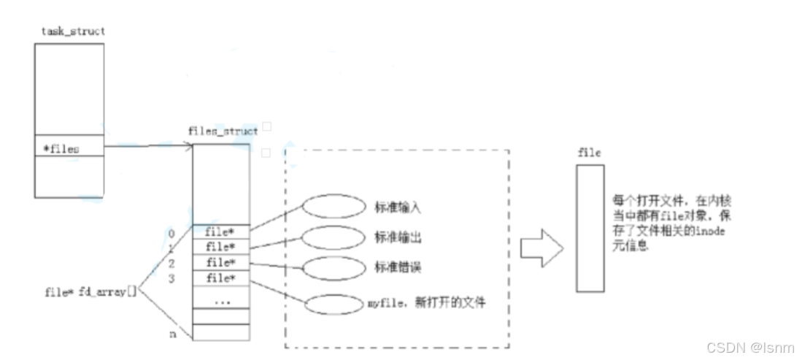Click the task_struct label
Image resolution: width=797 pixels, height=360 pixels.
(x=74, y=31)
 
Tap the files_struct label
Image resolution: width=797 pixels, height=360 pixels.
(x=223, y=131)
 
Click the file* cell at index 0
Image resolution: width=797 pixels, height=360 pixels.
(x=220, y=233)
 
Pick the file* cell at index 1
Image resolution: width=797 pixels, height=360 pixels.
(x=220, y=247)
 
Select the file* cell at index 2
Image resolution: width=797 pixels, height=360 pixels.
(x=220, y=262)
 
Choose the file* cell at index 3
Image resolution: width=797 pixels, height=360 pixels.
(x=220, y=277)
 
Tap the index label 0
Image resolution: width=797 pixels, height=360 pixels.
(x=172, y=234)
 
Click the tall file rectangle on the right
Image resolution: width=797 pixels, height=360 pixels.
(x=590, y=227)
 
